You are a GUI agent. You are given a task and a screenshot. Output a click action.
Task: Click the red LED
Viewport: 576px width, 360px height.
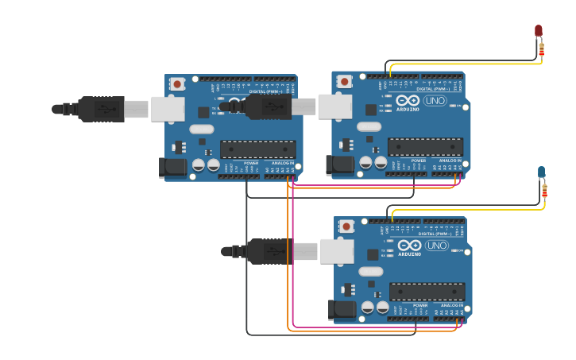(538, 31)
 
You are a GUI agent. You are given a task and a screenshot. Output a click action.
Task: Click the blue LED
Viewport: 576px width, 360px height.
(541, 172)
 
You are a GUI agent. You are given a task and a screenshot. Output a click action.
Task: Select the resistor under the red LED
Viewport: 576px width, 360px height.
(541, 50)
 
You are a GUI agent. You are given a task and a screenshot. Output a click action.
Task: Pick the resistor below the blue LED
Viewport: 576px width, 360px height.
(544, 191)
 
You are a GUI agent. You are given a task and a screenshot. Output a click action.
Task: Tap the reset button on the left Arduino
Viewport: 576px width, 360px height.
(177, 83)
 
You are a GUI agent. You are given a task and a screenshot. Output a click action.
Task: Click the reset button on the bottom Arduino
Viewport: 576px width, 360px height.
(346, 226)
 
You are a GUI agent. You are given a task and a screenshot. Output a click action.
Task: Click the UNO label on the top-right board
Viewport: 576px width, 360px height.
(435, 101)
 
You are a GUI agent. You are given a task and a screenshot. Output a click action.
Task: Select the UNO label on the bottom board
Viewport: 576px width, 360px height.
(437, 246)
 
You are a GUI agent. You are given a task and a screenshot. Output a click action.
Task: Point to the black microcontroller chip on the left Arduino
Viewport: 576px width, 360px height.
(258, 149)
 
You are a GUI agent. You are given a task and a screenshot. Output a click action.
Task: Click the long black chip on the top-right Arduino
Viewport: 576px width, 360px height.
(425, 146)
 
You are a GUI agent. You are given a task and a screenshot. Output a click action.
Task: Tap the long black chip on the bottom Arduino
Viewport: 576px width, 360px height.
(427, 292)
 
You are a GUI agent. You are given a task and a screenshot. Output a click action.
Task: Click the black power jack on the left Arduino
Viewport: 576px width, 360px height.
(172, 167)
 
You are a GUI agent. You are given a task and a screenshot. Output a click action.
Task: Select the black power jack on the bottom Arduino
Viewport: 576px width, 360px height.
(342, 310)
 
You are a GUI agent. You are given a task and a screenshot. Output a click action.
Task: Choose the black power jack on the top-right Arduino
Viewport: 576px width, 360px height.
(339, 165)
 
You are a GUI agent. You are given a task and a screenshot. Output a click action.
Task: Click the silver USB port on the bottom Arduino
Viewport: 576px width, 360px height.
(337, 251)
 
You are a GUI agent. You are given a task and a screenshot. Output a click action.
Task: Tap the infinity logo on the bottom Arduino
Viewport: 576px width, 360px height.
(410, 246)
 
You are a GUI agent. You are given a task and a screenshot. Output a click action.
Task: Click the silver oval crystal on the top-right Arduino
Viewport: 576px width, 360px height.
(369, 126)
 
